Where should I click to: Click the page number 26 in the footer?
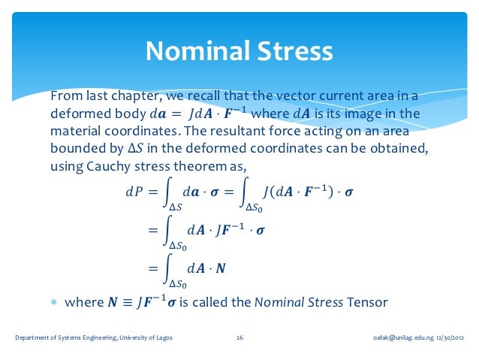[239, 338]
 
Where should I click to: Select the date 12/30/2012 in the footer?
[445, 338]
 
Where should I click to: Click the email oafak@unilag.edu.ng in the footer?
[398, 338]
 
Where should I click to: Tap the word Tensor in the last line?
[367, 303]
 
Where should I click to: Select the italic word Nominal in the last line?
[279, 303]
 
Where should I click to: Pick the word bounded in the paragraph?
[75, 149]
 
